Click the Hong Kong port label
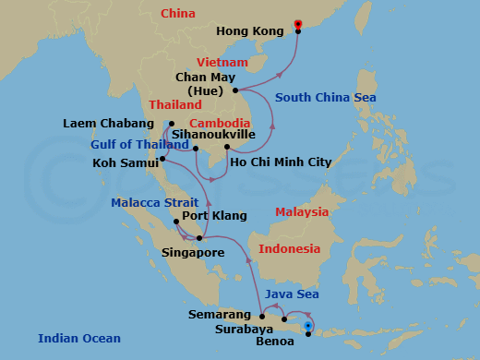click(x=249, y=31)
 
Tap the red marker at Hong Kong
click(x=297, y=24)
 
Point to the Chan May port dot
click(x=236, y=90)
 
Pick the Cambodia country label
click(x=220, y=123)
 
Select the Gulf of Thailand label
click(x=135, y=144)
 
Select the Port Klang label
click(x=214, y=216)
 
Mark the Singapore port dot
click(x=199, y=238)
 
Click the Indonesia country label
click(x=289, y=249)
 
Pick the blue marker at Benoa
click(x=308, y=325)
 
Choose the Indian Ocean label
click(x=78, y=338)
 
